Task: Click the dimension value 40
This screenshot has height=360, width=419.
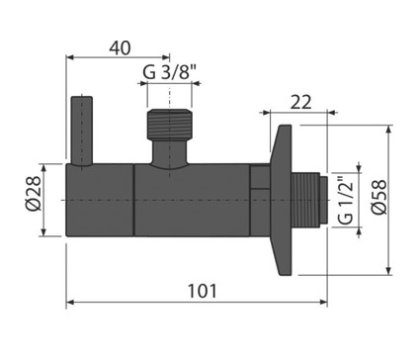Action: pos(120,48)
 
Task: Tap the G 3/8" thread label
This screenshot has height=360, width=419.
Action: pos(170,72)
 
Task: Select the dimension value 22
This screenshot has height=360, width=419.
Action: pos(300,102)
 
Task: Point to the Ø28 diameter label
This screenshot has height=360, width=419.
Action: pos(34,193)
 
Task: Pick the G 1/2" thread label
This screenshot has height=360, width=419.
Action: pos(346,200)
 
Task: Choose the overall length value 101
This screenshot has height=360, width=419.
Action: pos(203,291)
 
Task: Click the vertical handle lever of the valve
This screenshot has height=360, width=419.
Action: pos(82,131)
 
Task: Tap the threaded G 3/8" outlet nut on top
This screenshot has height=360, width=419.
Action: pos(169,124)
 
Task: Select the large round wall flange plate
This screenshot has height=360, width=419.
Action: pos(281,200)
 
